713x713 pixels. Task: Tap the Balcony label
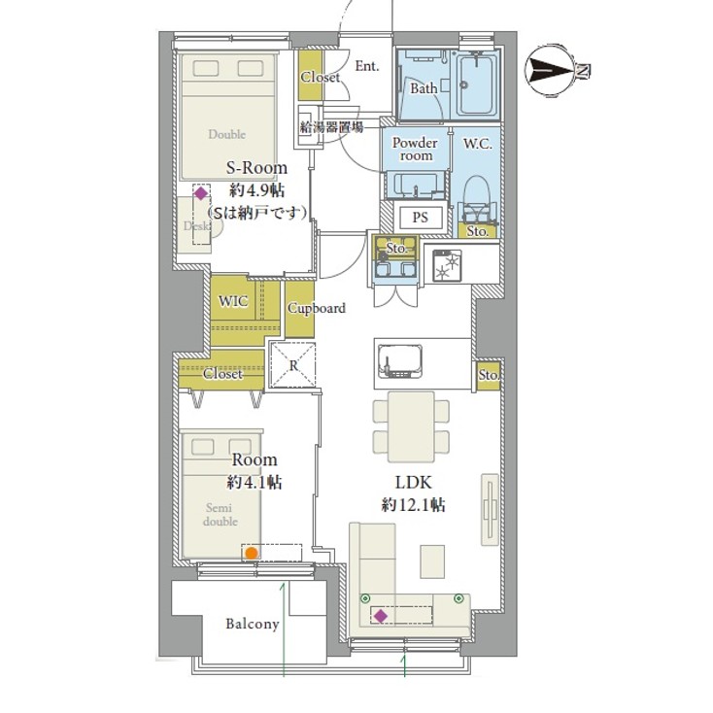point(253,624)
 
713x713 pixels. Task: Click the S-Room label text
point(257,168)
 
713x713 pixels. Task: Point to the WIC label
point(233,301)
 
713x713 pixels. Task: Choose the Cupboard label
point(316,309)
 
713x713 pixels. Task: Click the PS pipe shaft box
point(421,218)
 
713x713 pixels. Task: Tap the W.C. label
point(477,144)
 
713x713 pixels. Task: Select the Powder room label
point(415,149)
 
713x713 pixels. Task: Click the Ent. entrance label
point(366,66)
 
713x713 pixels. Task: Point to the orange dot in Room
point(251,554)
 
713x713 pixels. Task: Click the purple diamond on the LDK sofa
point(381,616)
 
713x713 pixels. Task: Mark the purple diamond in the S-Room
point(200,193)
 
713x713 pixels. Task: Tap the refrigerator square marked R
point(293,365)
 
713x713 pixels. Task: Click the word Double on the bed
point(227,134)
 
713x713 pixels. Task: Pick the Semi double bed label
point(220,514)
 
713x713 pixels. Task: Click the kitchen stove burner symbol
point(448,264)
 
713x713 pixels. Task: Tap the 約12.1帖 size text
point(414,505)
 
